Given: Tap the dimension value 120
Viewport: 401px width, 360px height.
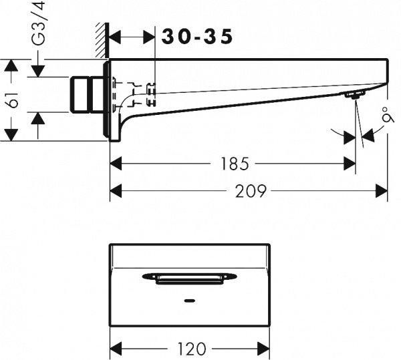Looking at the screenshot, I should [191, 349].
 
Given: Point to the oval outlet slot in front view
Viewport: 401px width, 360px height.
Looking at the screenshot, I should [190, 277].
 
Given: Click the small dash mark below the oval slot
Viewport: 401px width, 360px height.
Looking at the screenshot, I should [190, 301].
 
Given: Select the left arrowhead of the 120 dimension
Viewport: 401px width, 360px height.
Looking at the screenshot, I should [115, 349].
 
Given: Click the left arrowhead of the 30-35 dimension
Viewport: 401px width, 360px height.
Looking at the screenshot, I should [114, 37].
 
